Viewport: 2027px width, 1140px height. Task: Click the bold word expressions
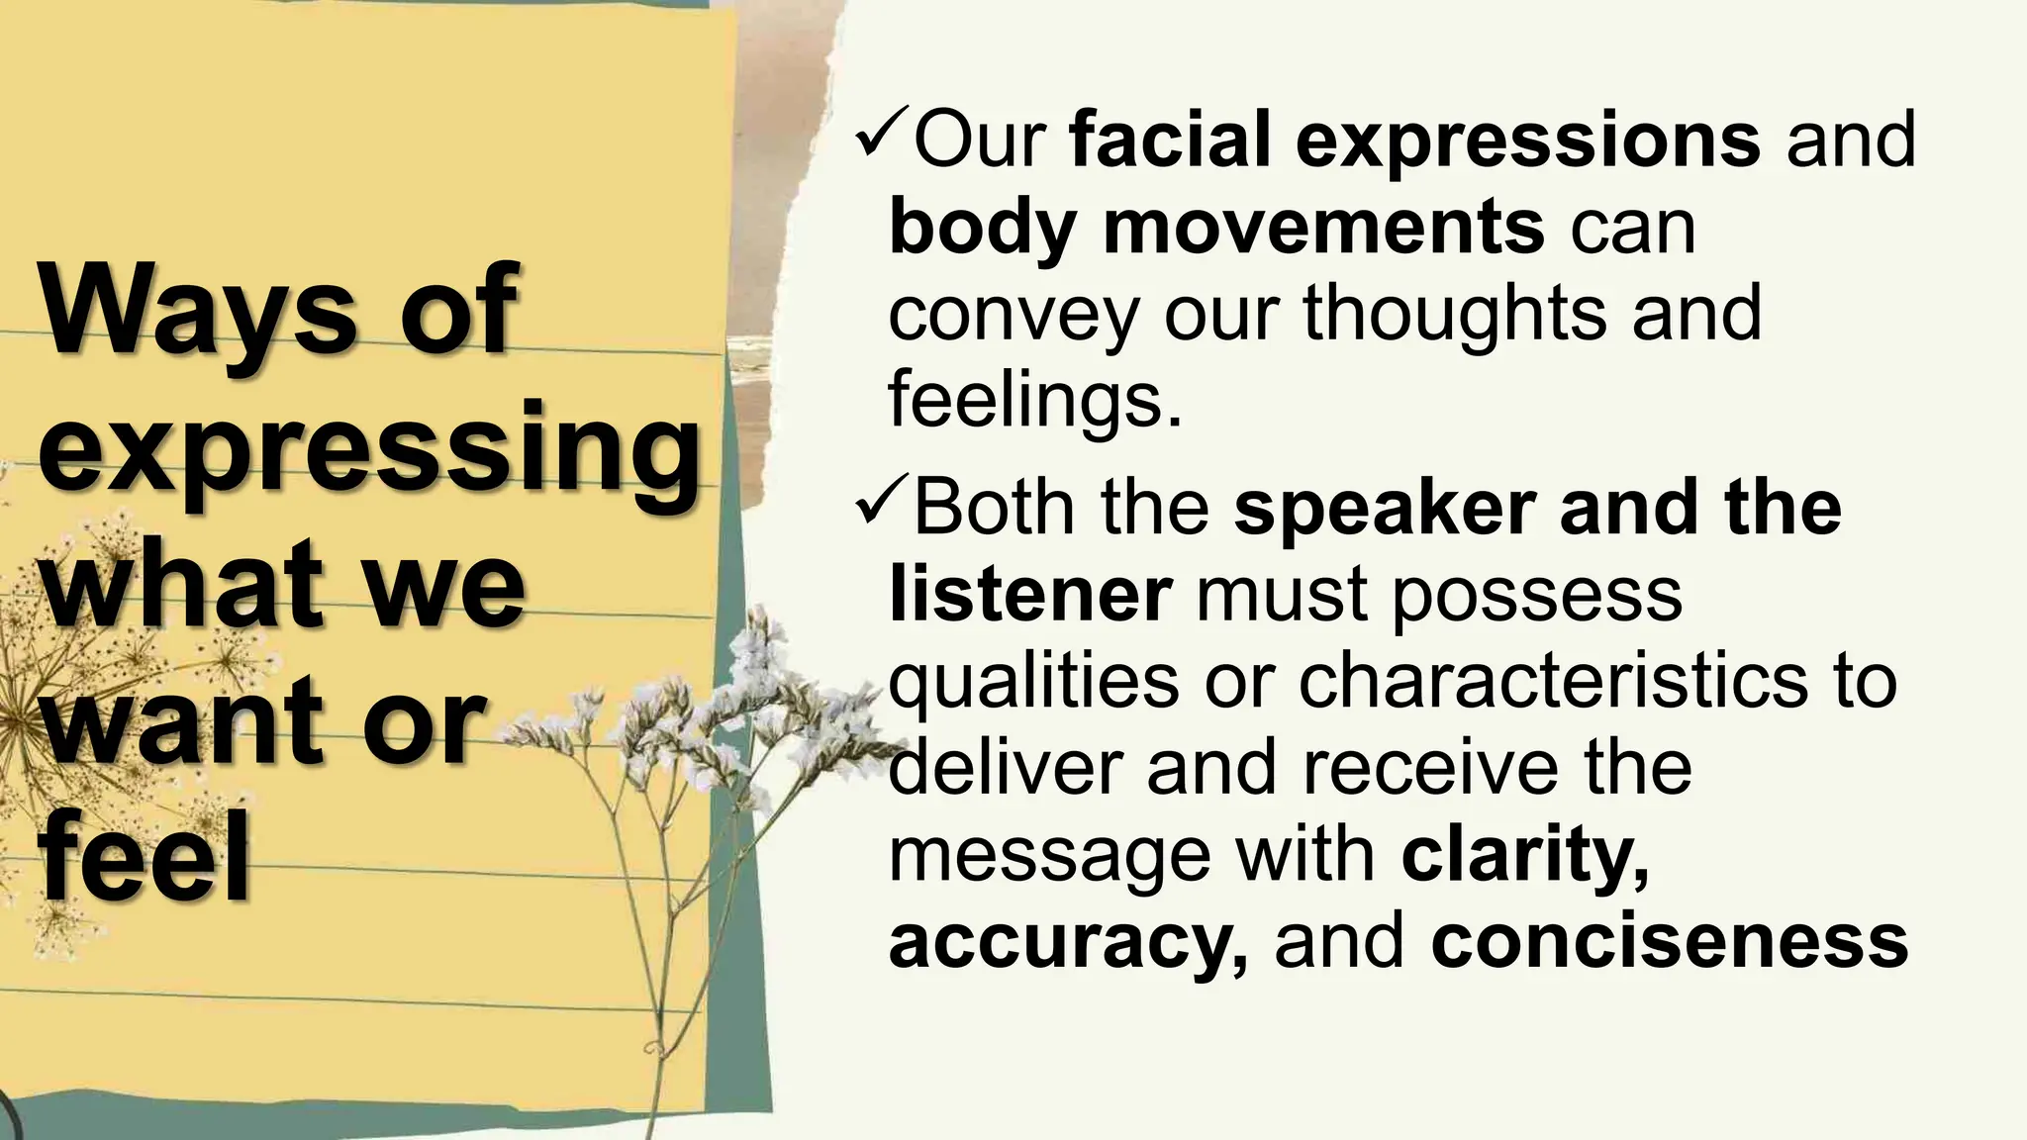tap(1529, 142)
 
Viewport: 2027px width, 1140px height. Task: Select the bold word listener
tap(1030, 593)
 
